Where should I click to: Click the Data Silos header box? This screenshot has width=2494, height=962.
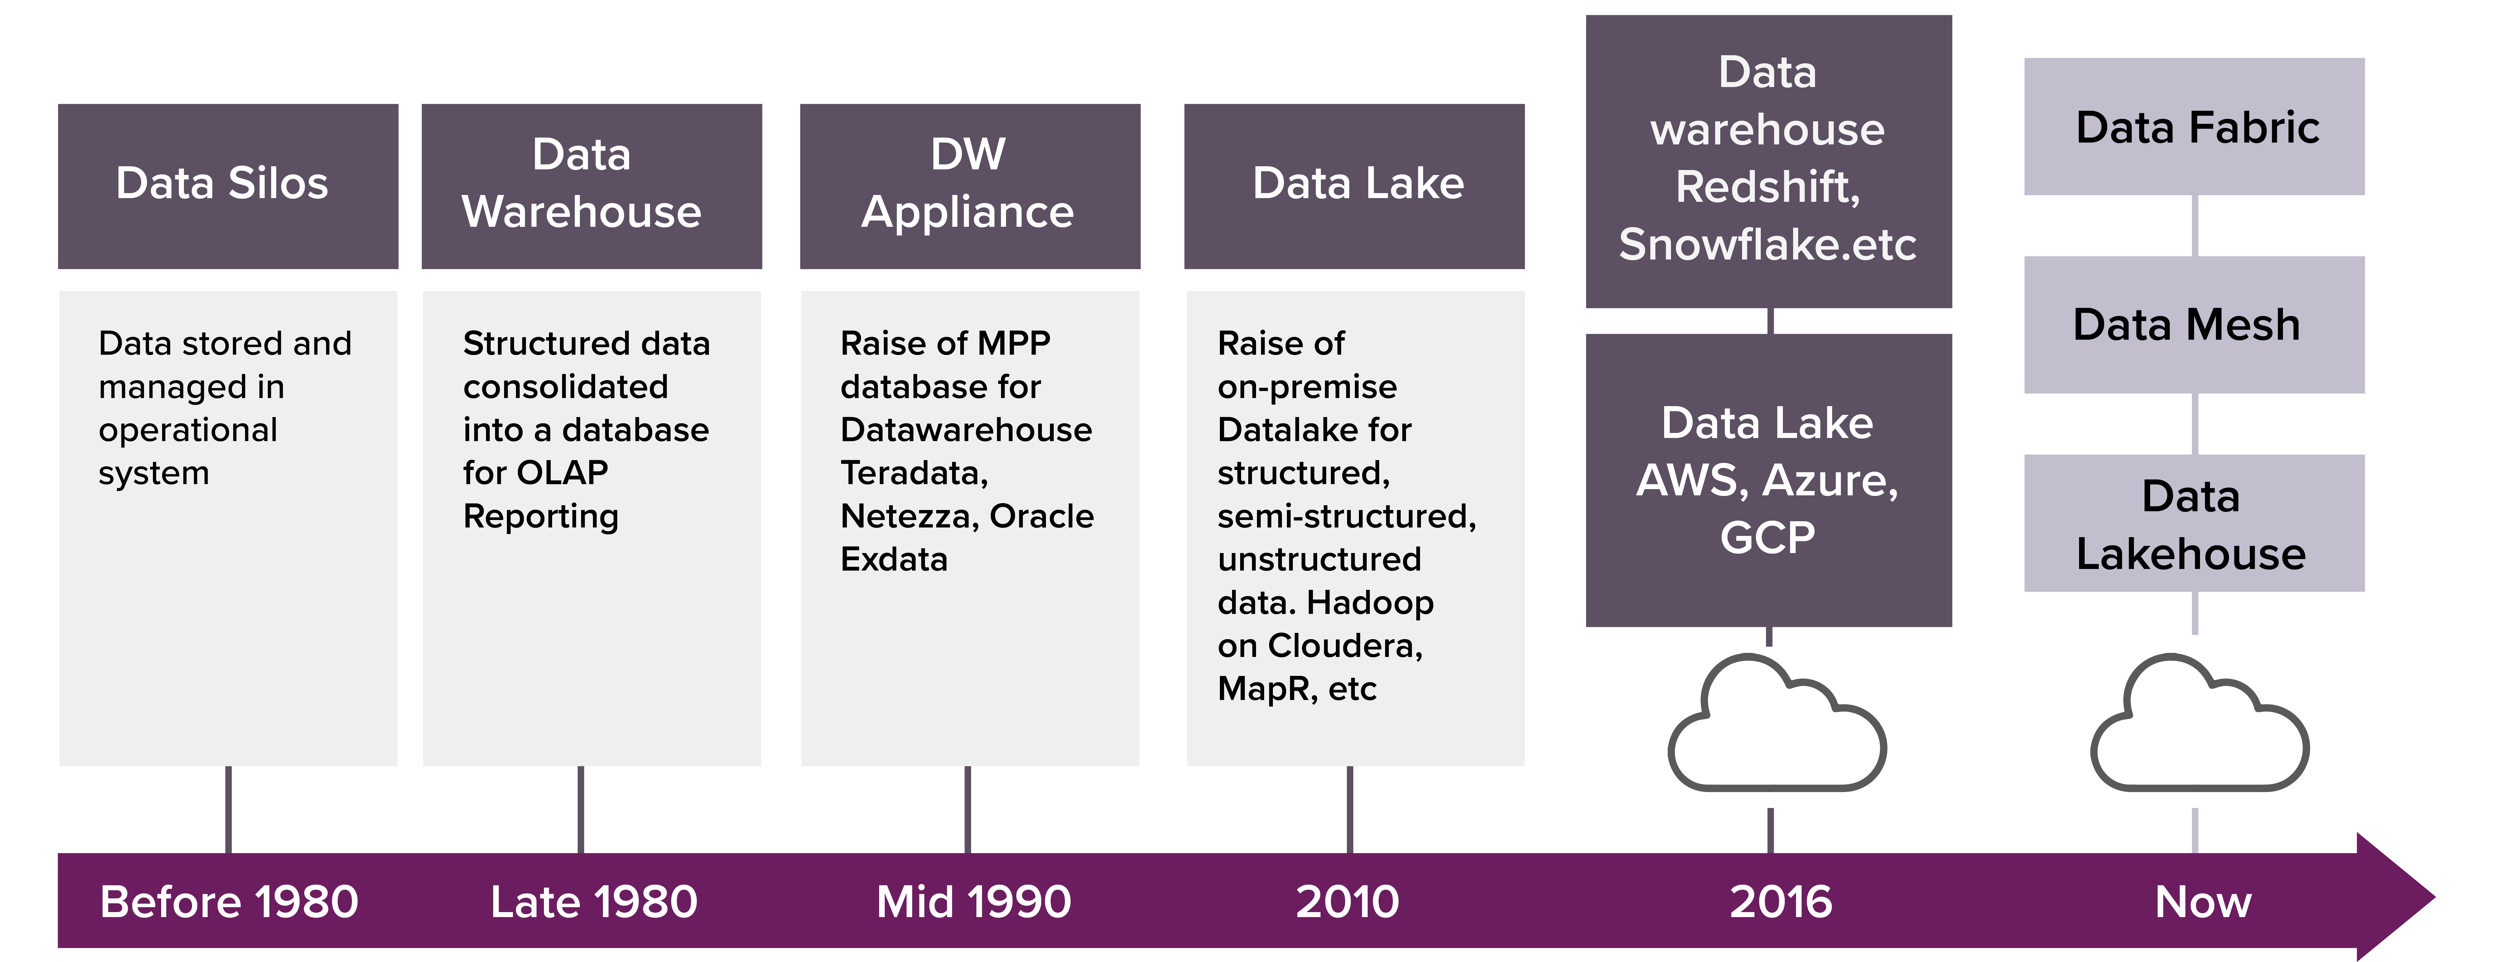(x=228, y=186)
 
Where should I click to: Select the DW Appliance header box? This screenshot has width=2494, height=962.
(x=969, y=186)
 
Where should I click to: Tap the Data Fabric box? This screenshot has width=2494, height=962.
(x=2194, y=127)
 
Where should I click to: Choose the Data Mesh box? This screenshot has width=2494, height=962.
(x=2194, y=324)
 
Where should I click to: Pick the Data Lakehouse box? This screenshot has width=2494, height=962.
(x=2194, y=523)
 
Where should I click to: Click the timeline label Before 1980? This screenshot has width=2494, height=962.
(x=229, y=902)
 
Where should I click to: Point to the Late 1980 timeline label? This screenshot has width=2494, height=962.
(x=594, y=902)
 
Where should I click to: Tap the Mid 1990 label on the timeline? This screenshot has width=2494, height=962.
(x=974, y=902)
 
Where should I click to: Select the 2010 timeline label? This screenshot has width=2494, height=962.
(x=1348, y=902)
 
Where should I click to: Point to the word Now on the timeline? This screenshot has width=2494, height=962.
(x=2203, y=902)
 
